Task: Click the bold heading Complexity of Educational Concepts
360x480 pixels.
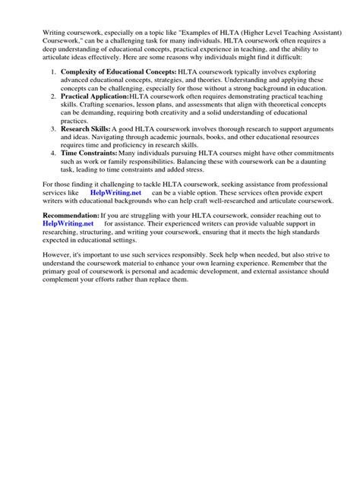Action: pos(118,71)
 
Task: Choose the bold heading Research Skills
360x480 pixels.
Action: pos(85,130)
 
